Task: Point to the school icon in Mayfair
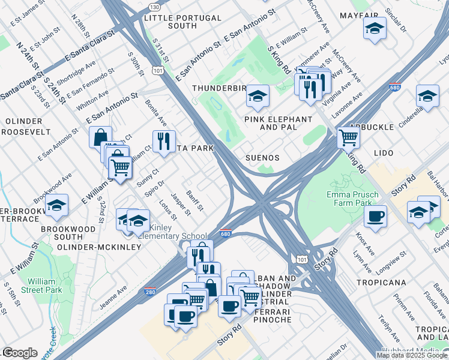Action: click(374, 28)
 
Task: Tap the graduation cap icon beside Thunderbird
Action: click(258, 95)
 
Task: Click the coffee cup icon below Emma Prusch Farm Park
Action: click(375, 215)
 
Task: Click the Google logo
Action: click(20, 353)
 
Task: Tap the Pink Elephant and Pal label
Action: click(278, 124)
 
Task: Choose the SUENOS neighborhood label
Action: click(263, 158)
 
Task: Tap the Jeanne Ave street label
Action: click(113, 298)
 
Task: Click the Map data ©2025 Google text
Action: click(412, 355)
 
